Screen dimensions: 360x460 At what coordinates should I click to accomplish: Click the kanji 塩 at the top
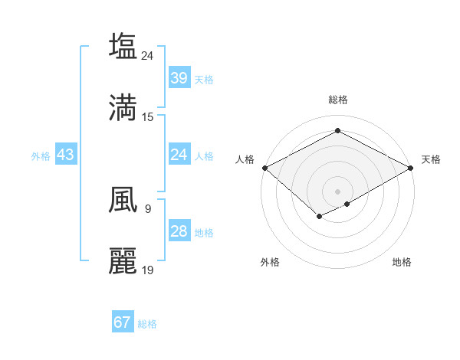point(123,46)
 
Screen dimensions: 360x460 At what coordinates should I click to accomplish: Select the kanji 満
point(123,107)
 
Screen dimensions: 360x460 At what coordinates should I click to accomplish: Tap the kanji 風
point(123,199)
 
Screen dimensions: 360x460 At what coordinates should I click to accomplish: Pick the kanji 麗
point(123,260)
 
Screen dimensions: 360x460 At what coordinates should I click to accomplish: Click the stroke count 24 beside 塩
point(148,55)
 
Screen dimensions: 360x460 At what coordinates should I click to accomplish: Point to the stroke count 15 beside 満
point(148,116)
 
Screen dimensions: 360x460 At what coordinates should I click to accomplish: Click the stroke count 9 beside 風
point(147,208)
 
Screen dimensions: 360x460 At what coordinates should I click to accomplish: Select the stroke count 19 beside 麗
point(148,270)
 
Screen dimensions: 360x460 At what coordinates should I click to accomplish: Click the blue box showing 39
point(179,78)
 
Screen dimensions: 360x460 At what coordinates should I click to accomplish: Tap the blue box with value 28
point(179,231)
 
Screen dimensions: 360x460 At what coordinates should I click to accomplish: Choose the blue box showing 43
point(66,155)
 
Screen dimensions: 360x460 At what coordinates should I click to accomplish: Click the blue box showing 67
point(122,322)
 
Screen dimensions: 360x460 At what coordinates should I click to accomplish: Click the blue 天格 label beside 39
point(204,79)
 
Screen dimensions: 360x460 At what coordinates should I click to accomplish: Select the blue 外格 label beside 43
point(41,155)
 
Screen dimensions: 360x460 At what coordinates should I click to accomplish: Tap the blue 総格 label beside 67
point(147,323)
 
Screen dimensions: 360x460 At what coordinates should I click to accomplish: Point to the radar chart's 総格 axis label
point(337,100)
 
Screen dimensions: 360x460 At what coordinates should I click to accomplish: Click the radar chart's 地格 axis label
point(402,262)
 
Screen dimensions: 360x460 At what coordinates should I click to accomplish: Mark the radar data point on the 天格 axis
point(412,168)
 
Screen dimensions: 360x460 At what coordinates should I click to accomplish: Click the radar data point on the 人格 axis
point(264,168)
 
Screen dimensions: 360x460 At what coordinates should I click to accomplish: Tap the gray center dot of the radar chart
point(337,191)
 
